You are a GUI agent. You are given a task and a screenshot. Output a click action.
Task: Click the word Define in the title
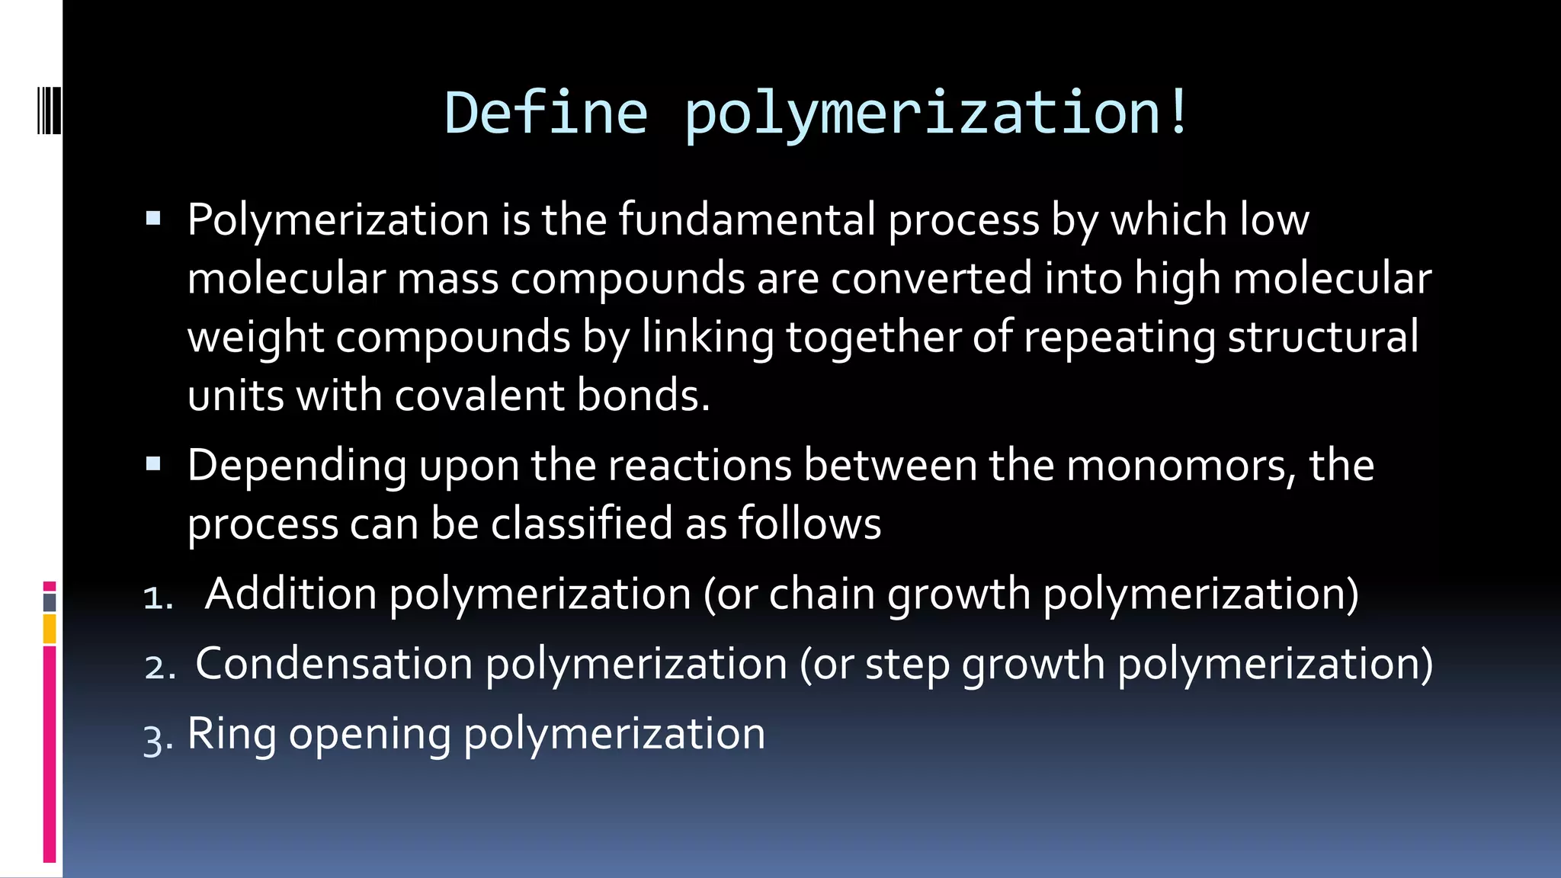coord(546,113)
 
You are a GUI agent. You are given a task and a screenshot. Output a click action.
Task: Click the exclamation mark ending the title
coord(1178,113)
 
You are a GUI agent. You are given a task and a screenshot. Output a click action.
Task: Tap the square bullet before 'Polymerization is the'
coord(153,219)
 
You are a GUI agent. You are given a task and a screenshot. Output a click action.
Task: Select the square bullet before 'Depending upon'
coord(153,464)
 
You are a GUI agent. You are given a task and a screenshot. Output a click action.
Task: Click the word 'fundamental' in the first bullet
coord(747,219)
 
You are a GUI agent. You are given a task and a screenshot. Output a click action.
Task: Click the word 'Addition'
coord(290,594)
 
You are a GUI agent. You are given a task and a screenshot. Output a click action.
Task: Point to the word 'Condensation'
coord(334,664)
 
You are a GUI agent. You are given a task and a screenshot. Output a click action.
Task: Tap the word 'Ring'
coord(232,735)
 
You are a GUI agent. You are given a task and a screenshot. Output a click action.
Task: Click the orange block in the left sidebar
coord(50,630)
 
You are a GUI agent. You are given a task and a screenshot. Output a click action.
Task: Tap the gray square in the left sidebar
coord(50,602)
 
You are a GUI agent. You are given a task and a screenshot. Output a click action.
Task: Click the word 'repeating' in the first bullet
coord(1119,337)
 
